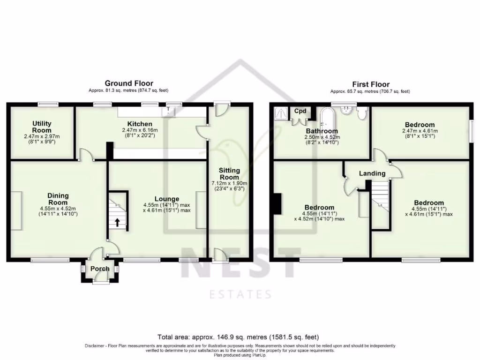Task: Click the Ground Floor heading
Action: (128, 83)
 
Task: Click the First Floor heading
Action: (371, 84)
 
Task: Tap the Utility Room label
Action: (42, 127)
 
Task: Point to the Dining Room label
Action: (58, 199)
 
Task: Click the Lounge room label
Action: (166, 199)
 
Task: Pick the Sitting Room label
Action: (229, 174)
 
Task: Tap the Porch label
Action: (99, 269)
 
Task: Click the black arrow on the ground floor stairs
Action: (114, 222)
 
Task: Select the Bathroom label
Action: (322, 131)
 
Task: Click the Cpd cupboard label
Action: (300, 111)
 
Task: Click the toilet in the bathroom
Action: (362, 113)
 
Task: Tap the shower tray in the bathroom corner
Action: (282, 112)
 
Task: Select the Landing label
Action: (372, 173)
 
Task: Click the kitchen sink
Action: (168, 111)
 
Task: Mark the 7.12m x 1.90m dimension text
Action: (229, 184)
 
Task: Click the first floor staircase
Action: (381, 199)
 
